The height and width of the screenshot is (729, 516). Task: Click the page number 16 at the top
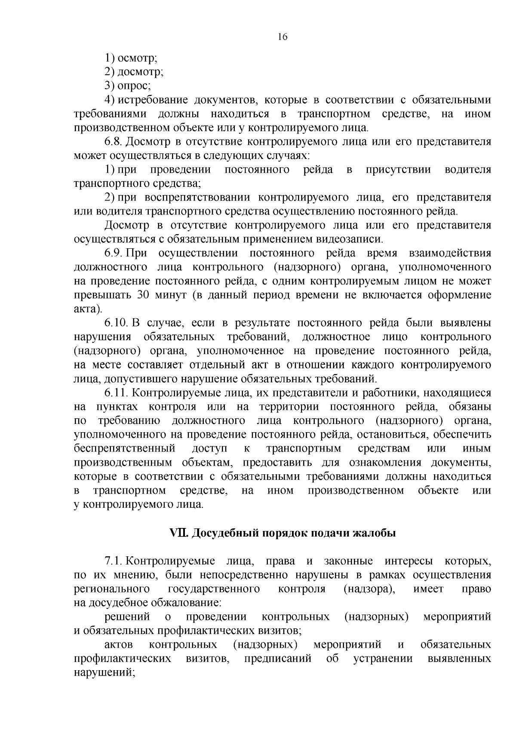pyautogui.click(x=282, y=37)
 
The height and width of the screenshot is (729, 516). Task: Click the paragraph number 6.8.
pyautogui.click(x=114, y=141)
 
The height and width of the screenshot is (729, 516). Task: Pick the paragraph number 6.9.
pyautogui.click(x=114, y=253)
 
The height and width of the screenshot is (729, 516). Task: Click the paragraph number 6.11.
pyautogui.click(x=116, y=393)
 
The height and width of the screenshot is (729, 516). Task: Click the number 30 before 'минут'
pyautogui.click(x=144, y=295)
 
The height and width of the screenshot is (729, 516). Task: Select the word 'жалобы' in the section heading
pyautogui.click(x=374, y=533)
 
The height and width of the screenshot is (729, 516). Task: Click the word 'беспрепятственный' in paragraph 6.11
pyautogui.click(x=125, y=448)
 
